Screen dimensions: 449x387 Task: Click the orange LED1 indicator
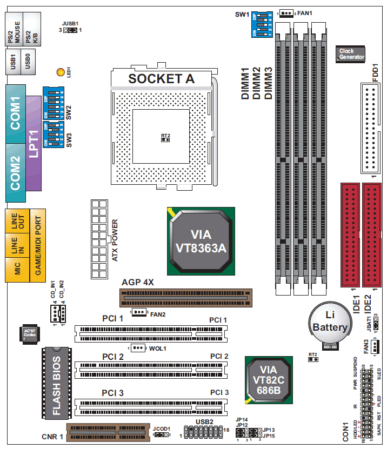click(61, 72)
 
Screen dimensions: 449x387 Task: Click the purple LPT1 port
click(34, 143)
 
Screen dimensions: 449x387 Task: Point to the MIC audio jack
click(17, 270)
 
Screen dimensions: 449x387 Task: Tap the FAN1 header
click(286, 12)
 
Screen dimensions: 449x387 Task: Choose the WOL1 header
click(138, 348)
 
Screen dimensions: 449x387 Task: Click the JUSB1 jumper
click(70, 30)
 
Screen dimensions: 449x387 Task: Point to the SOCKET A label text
click(161, 78)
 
